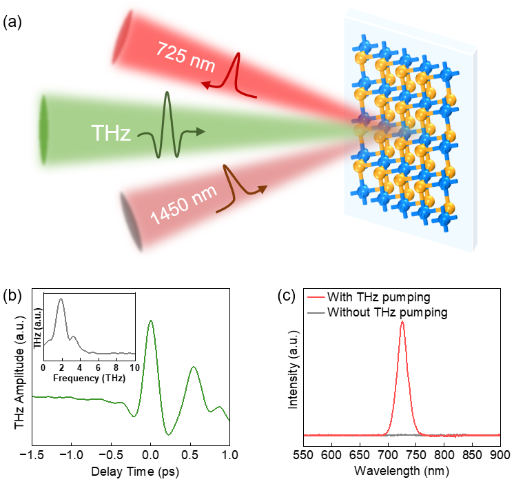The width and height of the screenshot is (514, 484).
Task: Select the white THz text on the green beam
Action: click(x=111, y=133)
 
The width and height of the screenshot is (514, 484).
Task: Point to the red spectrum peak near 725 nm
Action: click(x=402, y=322)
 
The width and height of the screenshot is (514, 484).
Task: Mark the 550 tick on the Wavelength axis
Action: click(x=304, y=456)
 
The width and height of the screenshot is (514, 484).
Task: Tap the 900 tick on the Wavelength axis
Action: click(x=500, y=456)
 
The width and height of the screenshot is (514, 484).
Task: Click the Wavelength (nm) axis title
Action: click(x=402, y=474)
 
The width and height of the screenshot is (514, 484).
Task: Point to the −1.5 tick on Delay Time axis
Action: click(x=32, y=456)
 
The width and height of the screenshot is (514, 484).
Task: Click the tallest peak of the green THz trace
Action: click(x=151, y=321)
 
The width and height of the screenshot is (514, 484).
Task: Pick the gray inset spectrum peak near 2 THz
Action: click(x=61, y=299)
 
